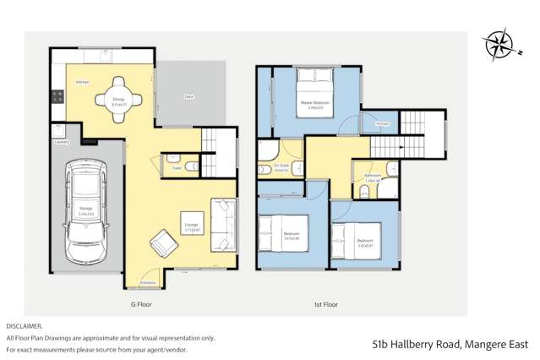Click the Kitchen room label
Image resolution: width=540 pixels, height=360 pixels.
pyautogui.click(x=83, y=82)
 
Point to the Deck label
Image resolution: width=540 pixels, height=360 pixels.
pyautogui.click(x=190, y=97)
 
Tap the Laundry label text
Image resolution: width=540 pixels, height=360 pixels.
pyautogui.click(x=61, y=143)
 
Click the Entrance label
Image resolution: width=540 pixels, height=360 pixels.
pyautogui.click(x=147, y=282)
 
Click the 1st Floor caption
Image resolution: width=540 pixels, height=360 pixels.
pyautogui.click(x=325, y=303)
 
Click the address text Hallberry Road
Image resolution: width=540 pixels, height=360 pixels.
pyautogui.click(x=431, y=344)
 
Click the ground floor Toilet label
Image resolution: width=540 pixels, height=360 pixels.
pyautogui.click(x=177, y=167)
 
